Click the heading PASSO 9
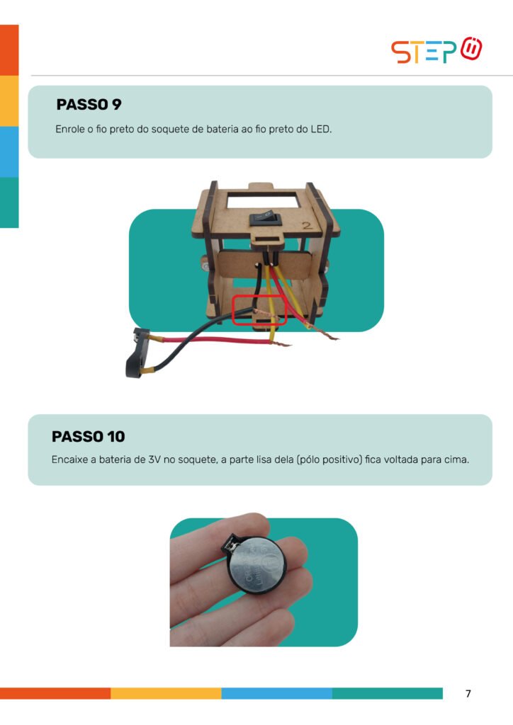pos(89,105)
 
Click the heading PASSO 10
pos(89,436)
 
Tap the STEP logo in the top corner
pos(436,50)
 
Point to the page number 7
pos(468,694)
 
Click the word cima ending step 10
pos(456,459)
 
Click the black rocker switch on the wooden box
pos(266,218)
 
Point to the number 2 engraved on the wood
pos(307,225)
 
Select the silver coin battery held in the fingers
pos(256,564)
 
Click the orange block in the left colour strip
pos(9,50)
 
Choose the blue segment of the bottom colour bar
pos(276,693)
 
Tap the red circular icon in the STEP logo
pos(471,48)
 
